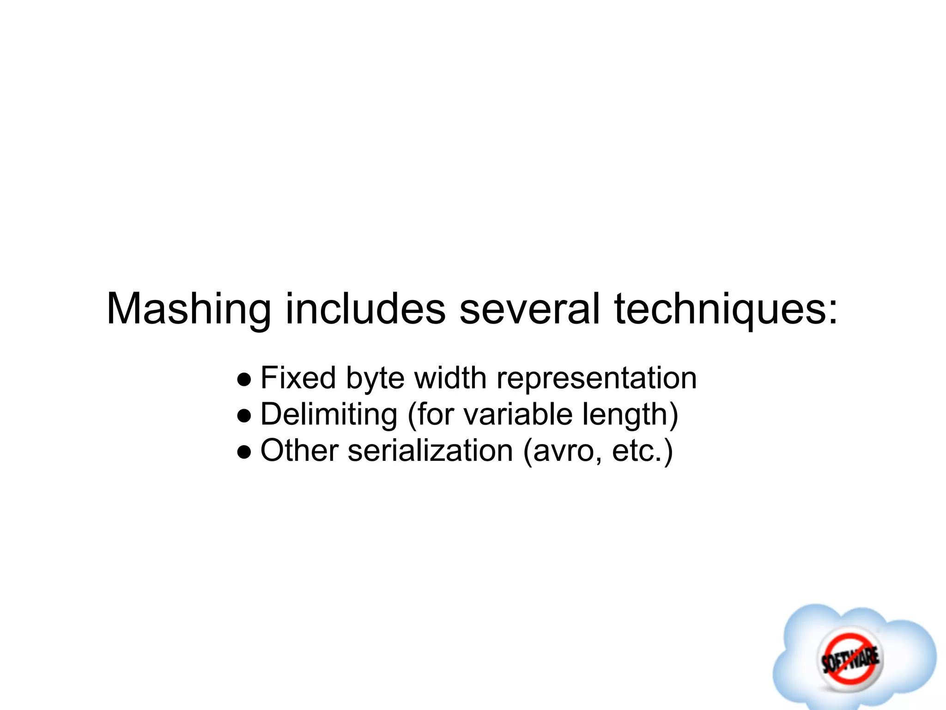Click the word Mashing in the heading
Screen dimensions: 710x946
tap(188, 310)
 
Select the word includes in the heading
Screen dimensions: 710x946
tap(365, 309)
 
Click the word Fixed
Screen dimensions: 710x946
tap(298, 378)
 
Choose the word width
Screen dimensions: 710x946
tap(450, 378)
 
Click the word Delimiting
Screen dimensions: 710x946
tap(328, 414)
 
